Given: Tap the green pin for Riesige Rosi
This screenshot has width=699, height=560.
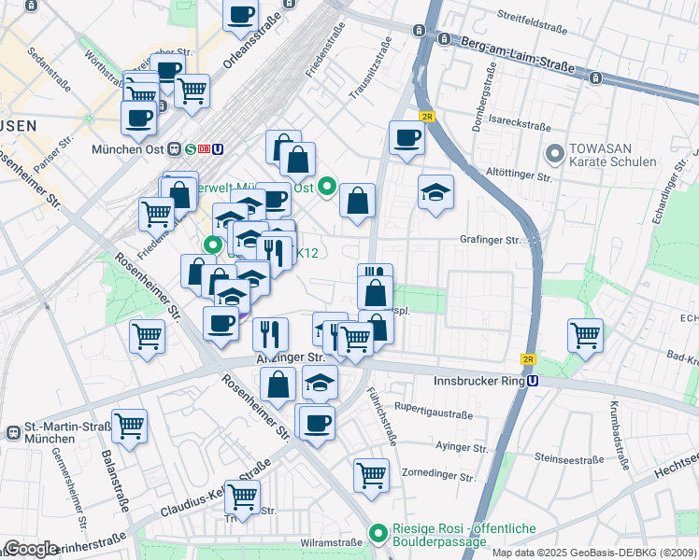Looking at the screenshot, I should tap(378, 534).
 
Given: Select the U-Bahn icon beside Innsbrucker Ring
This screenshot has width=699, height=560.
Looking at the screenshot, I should tap(533, 381).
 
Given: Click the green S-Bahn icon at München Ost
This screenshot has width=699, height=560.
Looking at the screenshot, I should tap(191, 148).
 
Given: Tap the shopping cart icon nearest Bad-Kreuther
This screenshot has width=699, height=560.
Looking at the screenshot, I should tap(585, 333).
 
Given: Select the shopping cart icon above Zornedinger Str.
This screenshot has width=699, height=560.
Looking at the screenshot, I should tap(371, 474).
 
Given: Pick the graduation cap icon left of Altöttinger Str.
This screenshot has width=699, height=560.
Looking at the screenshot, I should tap(435, 191).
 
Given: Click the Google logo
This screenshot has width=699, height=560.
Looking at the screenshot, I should tap(30, 549).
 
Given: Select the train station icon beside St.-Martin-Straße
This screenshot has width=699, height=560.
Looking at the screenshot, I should tap(14, 433).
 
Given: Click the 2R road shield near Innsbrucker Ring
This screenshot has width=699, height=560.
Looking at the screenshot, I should tap(529, 359).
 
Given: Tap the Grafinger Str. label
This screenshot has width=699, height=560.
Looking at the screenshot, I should tap(491, 240).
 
